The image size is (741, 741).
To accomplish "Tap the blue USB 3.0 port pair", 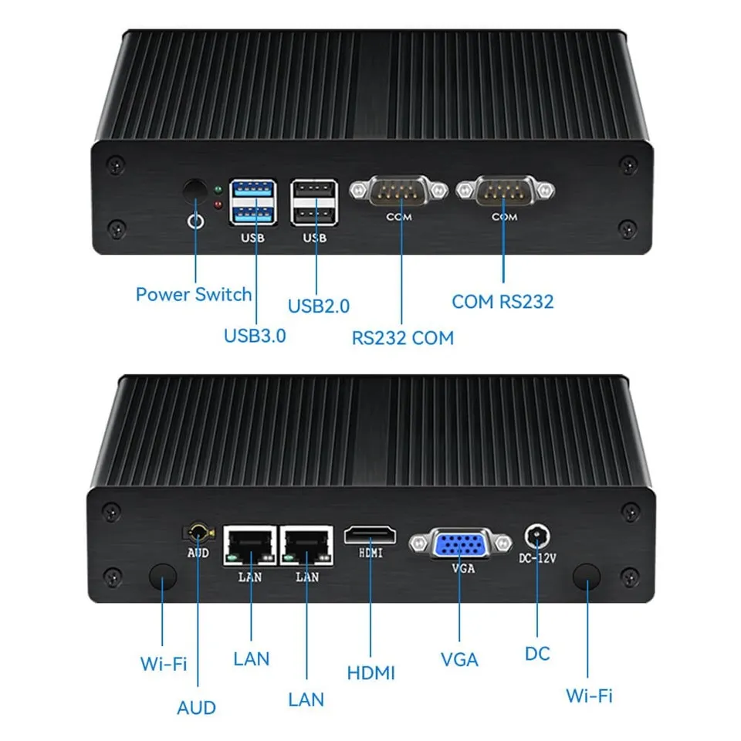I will pos(252,202).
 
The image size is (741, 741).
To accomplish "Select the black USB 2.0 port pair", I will pos(313,202).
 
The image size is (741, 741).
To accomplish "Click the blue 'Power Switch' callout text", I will pos(194,294).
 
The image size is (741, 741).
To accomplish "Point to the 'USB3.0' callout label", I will pos(255,336).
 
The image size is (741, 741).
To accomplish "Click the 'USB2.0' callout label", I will pos(319,306).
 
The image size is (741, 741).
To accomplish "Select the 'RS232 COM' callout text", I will pos(403,337).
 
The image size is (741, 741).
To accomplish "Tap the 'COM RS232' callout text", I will pos(502,301).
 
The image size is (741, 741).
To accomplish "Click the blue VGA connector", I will pos(459,545).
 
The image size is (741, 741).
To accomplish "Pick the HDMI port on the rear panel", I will pos(370,535).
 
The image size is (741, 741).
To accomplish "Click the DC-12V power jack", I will pos(535,535).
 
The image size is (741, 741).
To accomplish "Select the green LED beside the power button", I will pos(219,189).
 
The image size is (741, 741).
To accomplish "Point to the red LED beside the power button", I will pos(219,205).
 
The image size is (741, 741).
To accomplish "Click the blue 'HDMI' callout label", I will pos(370,672).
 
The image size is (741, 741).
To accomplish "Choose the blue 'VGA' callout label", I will pos(459,660).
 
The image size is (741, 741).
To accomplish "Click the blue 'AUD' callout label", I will pos(197,707).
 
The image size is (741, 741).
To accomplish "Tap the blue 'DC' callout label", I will pos(537,654).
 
